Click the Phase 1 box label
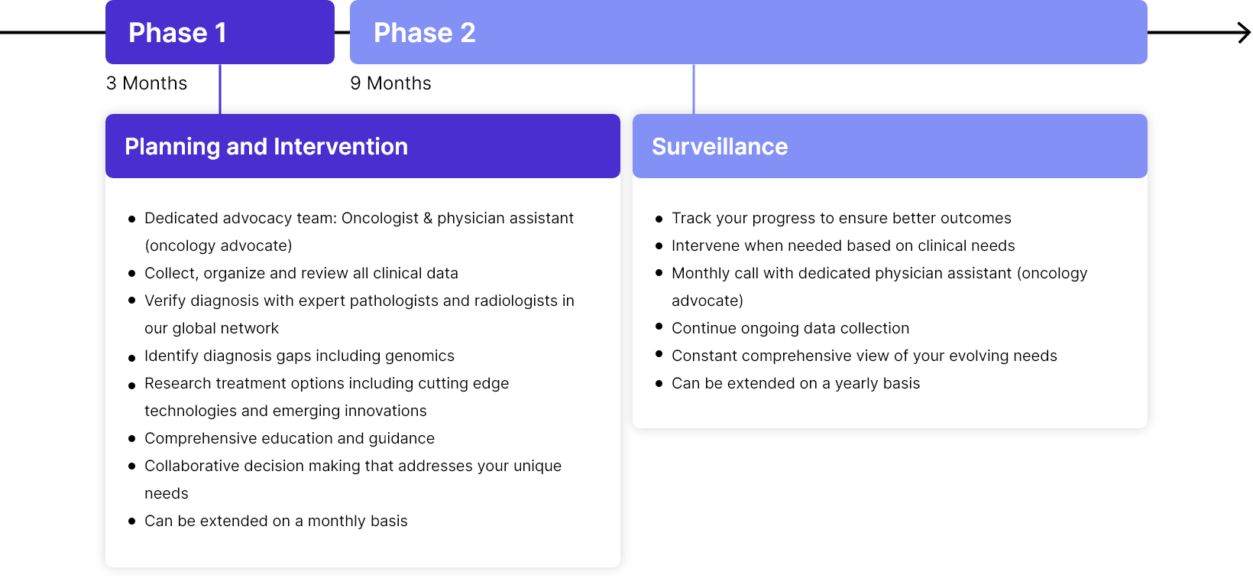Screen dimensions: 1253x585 coord(177,32)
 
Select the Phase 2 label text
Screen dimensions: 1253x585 coord(425,32)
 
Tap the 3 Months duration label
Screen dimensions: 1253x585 coord(147,83)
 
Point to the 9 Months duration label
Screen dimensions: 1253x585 coord(390,83)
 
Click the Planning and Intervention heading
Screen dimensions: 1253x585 coord(266,147)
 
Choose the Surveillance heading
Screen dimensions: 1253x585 coord(720,147)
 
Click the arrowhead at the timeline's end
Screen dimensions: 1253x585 coord(1244,32)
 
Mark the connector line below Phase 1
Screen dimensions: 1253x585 coord(220,89)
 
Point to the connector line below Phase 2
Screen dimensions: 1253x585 coord(694,89)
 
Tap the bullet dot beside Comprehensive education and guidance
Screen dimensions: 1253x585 coord(132,438)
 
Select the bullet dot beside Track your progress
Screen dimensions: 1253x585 coord(659,219)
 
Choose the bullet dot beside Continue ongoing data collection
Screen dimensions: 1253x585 coord(659,327)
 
